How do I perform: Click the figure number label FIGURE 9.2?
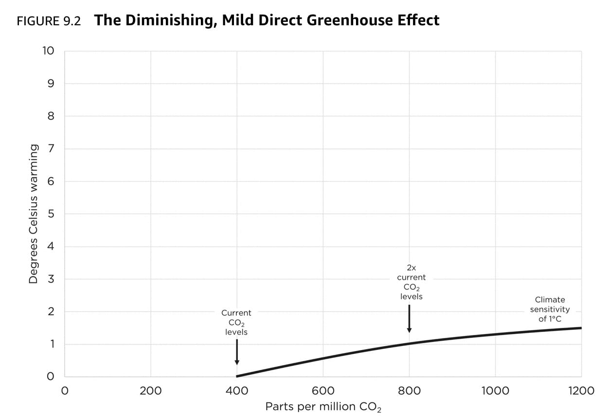(49, 21)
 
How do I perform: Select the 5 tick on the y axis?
(51, 214)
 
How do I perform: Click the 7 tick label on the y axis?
(51, 149)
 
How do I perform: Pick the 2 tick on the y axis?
(51, 312)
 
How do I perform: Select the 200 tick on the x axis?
(150, 391)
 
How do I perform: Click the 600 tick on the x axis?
(323, 391)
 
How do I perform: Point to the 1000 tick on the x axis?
(495, 391)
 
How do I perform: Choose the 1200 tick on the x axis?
(581, 391)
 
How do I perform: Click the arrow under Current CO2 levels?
(237, 352)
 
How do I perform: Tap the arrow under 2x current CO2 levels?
(409, 319)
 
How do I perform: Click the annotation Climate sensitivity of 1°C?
(550, 309)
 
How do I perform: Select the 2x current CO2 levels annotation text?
(411, 282)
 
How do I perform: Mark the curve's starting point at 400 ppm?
(237, 376)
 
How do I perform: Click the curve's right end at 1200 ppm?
(581, 328)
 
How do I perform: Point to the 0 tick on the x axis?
(64, 391)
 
